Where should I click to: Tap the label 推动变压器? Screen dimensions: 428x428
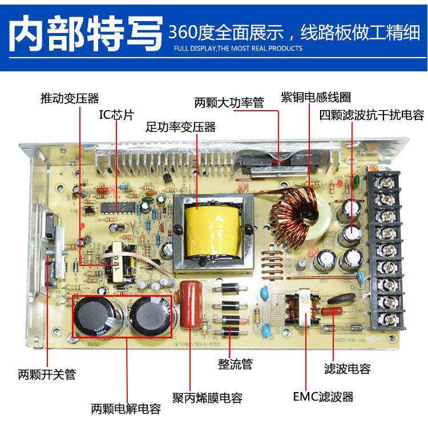[x=70, y=98]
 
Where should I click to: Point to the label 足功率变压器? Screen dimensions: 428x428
[x=180, y=127]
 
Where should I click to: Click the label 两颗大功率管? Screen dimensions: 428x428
[x=229, y=103]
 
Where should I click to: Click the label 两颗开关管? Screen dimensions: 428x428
[x=47, y=375]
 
